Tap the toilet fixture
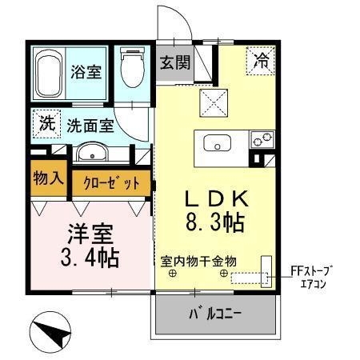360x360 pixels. [131, 70]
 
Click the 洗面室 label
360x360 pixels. [90, 126]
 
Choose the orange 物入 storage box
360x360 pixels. [49, 177]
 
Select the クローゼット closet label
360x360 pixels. [111, 182]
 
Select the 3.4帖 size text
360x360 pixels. [90, 258]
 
